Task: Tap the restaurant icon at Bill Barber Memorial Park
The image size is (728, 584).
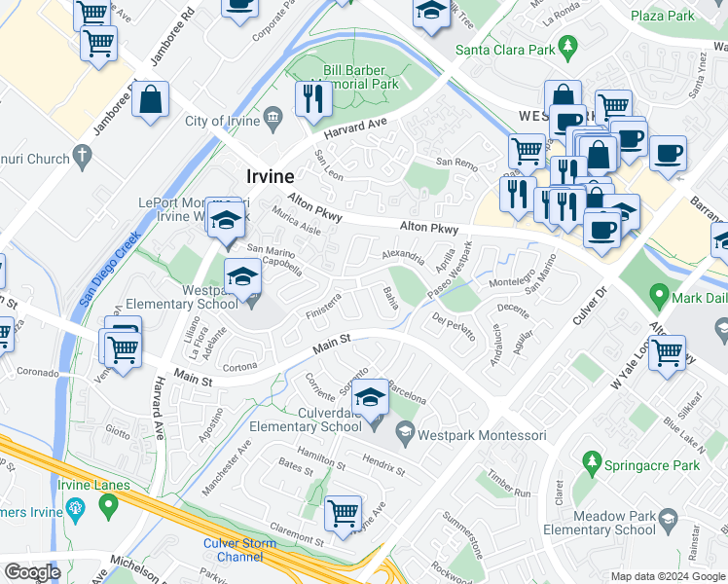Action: [311, 99]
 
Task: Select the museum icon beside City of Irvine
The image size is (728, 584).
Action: [273, 121]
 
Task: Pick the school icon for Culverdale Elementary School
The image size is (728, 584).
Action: [370, 399]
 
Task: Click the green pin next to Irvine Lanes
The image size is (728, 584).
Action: [108, 505]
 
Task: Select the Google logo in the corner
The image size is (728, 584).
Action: [32, 571]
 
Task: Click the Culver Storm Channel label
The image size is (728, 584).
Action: [234, 550]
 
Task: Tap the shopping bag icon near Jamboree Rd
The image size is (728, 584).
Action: [151, 100]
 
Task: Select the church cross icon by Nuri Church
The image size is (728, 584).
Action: [83, 155]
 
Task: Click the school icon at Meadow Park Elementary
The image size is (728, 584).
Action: [670, 527]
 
